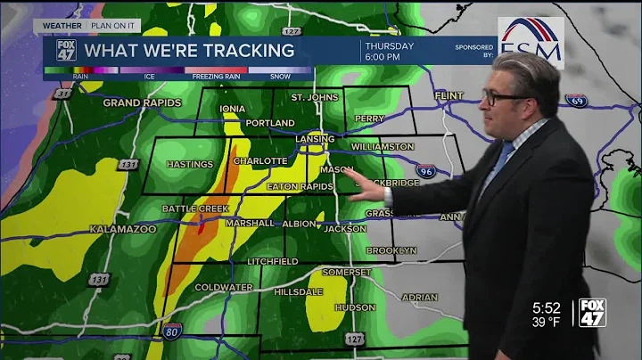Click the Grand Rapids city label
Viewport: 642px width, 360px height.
[x=142, y=102]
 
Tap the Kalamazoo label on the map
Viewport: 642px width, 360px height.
[x=123, y=229]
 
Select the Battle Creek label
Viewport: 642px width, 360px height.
[x=195, y=209]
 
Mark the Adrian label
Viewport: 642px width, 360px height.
[x=419, y=297]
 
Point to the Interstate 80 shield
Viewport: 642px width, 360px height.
[x=173, y=333]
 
